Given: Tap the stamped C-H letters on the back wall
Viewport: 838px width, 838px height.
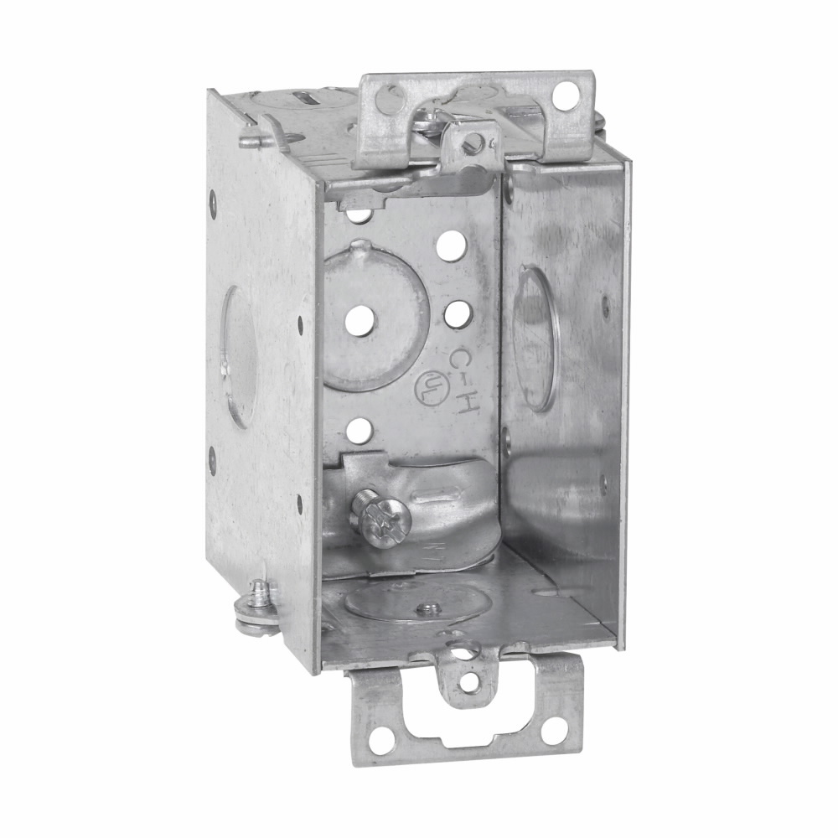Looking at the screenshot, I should click(463, 379).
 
